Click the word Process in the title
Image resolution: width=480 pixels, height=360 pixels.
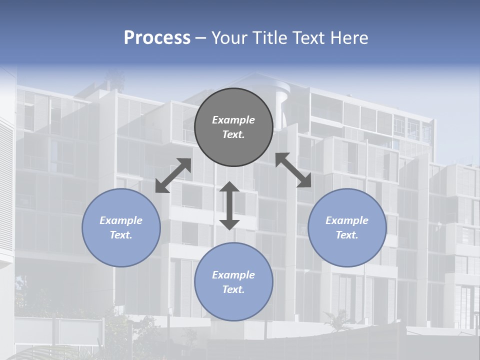point(157,38)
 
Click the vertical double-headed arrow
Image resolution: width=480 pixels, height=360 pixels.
point(229,205)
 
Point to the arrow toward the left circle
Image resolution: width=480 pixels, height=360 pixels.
point(173,175)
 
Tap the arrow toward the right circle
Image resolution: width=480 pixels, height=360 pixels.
point(293,170)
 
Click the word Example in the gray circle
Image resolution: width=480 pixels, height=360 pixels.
point(233,120)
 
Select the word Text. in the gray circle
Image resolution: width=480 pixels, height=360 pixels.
point(233,134)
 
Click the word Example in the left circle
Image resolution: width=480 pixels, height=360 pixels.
point(121,220)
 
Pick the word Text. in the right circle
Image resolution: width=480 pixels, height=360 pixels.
point(347,235)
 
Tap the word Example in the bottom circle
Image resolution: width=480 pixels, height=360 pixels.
point(233,275)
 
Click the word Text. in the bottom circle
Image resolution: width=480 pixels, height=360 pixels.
point(233,289)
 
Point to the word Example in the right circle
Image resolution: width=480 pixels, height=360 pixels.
point(347,220)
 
